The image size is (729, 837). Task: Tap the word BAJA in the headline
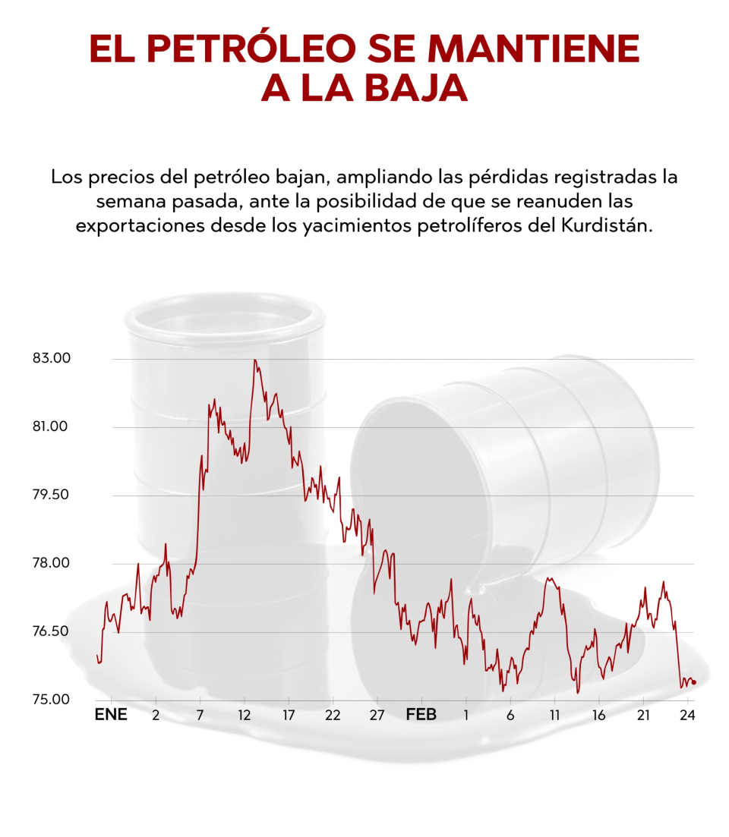417,88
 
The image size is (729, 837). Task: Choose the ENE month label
110,715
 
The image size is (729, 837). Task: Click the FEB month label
421,715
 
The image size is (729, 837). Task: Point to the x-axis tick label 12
244,715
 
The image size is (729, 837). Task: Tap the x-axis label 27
377,715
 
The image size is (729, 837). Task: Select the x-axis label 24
688,715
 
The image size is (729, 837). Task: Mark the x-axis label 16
599,715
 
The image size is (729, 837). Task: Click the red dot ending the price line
694,682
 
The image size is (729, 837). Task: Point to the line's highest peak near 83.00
255,360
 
